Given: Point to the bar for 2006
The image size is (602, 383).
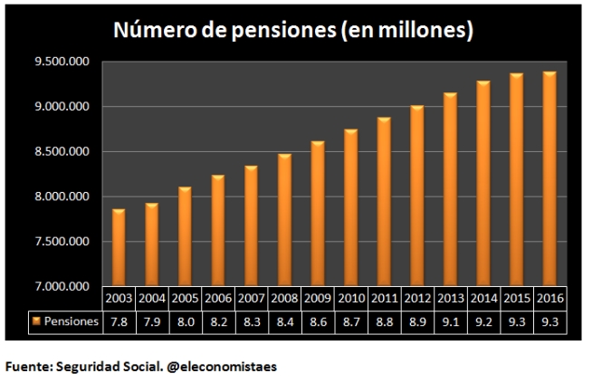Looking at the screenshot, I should [218, 231].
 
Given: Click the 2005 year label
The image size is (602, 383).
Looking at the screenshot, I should [185, 297].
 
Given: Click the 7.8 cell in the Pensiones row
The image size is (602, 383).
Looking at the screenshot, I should [119, 321].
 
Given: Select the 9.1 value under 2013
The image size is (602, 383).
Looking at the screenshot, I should [450, 321].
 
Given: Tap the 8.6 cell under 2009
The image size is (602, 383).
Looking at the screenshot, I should [317, 321].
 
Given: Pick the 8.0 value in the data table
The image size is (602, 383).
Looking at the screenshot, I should [185, 321].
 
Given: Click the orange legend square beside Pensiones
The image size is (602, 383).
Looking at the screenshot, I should [36, 321].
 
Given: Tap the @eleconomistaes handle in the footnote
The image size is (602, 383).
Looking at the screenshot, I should [222, 367].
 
